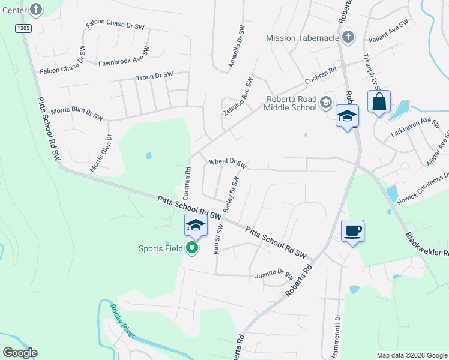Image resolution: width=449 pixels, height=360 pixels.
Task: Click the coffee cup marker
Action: tap(352, 230)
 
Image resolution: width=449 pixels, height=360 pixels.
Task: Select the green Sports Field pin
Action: tap(193, 248)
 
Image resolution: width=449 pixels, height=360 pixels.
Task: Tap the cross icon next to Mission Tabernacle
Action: tap(348, 38)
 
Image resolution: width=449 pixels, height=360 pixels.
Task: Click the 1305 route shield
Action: tap(23, 28)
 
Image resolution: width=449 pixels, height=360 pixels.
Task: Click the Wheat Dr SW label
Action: tap(228, 162)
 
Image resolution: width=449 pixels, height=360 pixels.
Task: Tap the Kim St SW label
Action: tap(219, 239)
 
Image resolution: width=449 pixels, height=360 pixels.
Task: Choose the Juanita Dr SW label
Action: tap(273, 275)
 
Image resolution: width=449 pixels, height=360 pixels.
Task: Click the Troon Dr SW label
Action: tap(154, 76)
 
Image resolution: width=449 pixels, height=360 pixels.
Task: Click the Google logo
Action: tap(20, 353)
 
